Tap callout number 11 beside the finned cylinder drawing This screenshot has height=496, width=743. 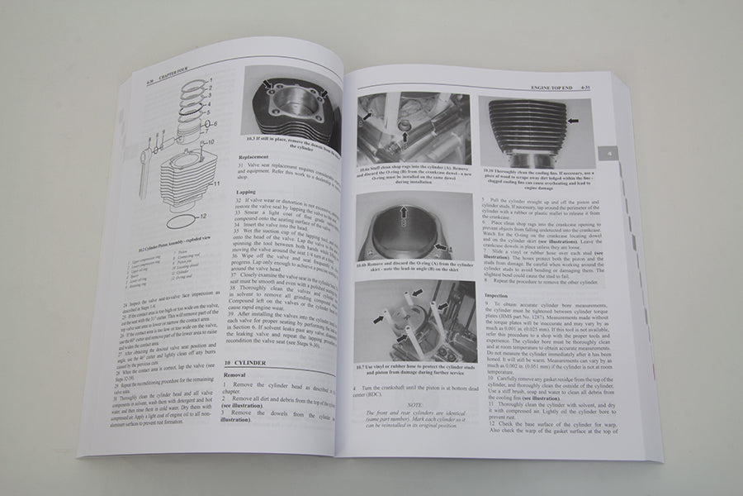pos(216,184)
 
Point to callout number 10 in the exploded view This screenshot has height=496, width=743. pos(212,142)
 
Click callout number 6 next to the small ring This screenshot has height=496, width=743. pos(214,124)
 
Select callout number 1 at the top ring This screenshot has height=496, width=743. pos(212,79)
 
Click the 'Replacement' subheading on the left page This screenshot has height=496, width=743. pos(253,155)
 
